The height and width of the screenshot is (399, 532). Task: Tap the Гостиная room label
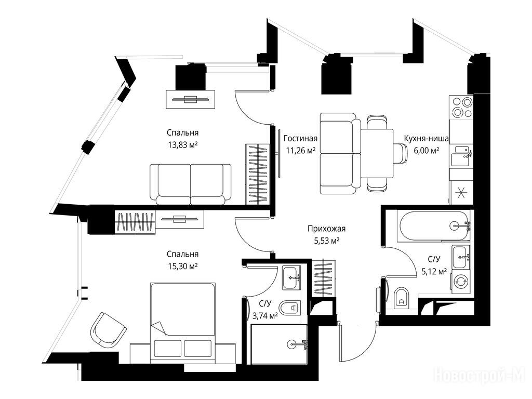[301, 138]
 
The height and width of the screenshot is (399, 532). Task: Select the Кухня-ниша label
[426, 138]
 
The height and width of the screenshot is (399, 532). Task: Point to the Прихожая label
[326, 229]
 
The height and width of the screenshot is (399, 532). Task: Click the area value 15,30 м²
[182, 266]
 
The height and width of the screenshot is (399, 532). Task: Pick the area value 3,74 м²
[265, 316]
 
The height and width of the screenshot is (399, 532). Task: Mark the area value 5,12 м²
[434, 271]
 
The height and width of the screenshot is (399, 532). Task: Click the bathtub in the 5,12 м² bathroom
[434, 226]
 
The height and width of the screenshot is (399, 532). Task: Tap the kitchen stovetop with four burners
[461, 107]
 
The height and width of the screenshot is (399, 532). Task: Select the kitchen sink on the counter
[461, 155]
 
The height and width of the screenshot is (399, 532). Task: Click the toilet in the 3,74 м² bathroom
[291, 308]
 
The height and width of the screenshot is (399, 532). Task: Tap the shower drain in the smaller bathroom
[292, 344]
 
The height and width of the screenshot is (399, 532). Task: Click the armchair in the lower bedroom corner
[108, 330]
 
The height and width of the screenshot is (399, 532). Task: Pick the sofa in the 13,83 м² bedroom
[190, 184]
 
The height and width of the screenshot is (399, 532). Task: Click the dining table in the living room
[377, 153]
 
